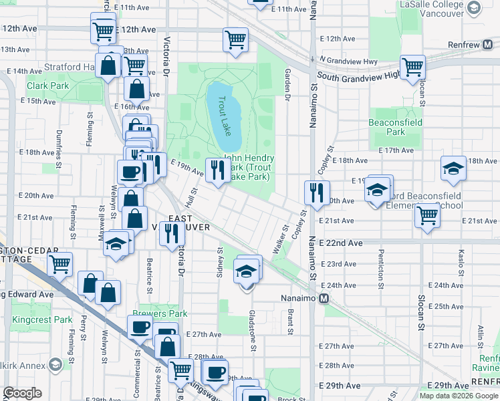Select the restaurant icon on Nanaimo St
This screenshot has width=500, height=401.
(316, 192)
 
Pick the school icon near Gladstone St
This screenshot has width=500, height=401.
(246, 271)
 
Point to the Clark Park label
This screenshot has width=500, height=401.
(47, 86)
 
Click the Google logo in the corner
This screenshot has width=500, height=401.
(22, 393)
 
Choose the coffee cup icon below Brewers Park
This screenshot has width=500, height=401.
(140, 327)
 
